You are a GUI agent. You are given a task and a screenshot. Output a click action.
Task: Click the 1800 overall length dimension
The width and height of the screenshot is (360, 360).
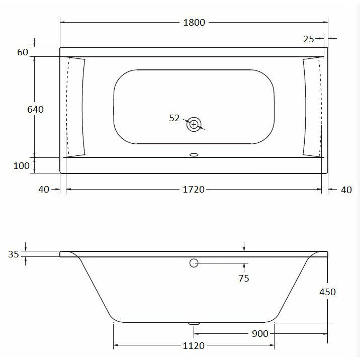click(x=194, y=23)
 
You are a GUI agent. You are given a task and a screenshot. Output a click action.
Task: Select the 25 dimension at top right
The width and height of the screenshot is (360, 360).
click(x=309, y=39)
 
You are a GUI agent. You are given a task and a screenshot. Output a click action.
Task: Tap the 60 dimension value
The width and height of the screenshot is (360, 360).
click(x=22, y=52)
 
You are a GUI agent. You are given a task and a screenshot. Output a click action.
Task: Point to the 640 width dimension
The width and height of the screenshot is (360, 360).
click(x=35, y=109)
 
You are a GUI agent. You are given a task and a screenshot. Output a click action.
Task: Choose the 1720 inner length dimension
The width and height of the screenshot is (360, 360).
click(x=194, y=189)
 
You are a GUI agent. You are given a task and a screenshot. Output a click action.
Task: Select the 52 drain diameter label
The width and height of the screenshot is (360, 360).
click(x=174, y=118)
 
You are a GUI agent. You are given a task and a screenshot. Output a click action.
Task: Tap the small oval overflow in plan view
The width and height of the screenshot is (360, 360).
click(x=194, y=155)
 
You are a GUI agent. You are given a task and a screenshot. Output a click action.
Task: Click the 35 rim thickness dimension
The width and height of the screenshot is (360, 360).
click(x=14, y=254)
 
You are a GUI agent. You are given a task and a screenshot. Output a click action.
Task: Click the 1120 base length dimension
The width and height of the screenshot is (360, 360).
click(x=194, y=346)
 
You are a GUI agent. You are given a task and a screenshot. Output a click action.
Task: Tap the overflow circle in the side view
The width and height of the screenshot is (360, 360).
click(x=194, y=263)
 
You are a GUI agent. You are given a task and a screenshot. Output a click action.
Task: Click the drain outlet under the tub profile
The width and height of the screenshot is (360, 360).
click(x=194, y=324)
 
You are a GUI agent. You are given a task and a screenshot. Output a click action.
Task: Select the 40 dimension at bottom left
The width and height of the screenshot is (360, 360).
click(x=43, y=189)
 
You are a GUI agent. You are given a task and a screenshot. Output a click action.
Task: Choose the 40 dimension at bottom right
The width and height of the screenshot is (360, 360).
click(x=346, y=189)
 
